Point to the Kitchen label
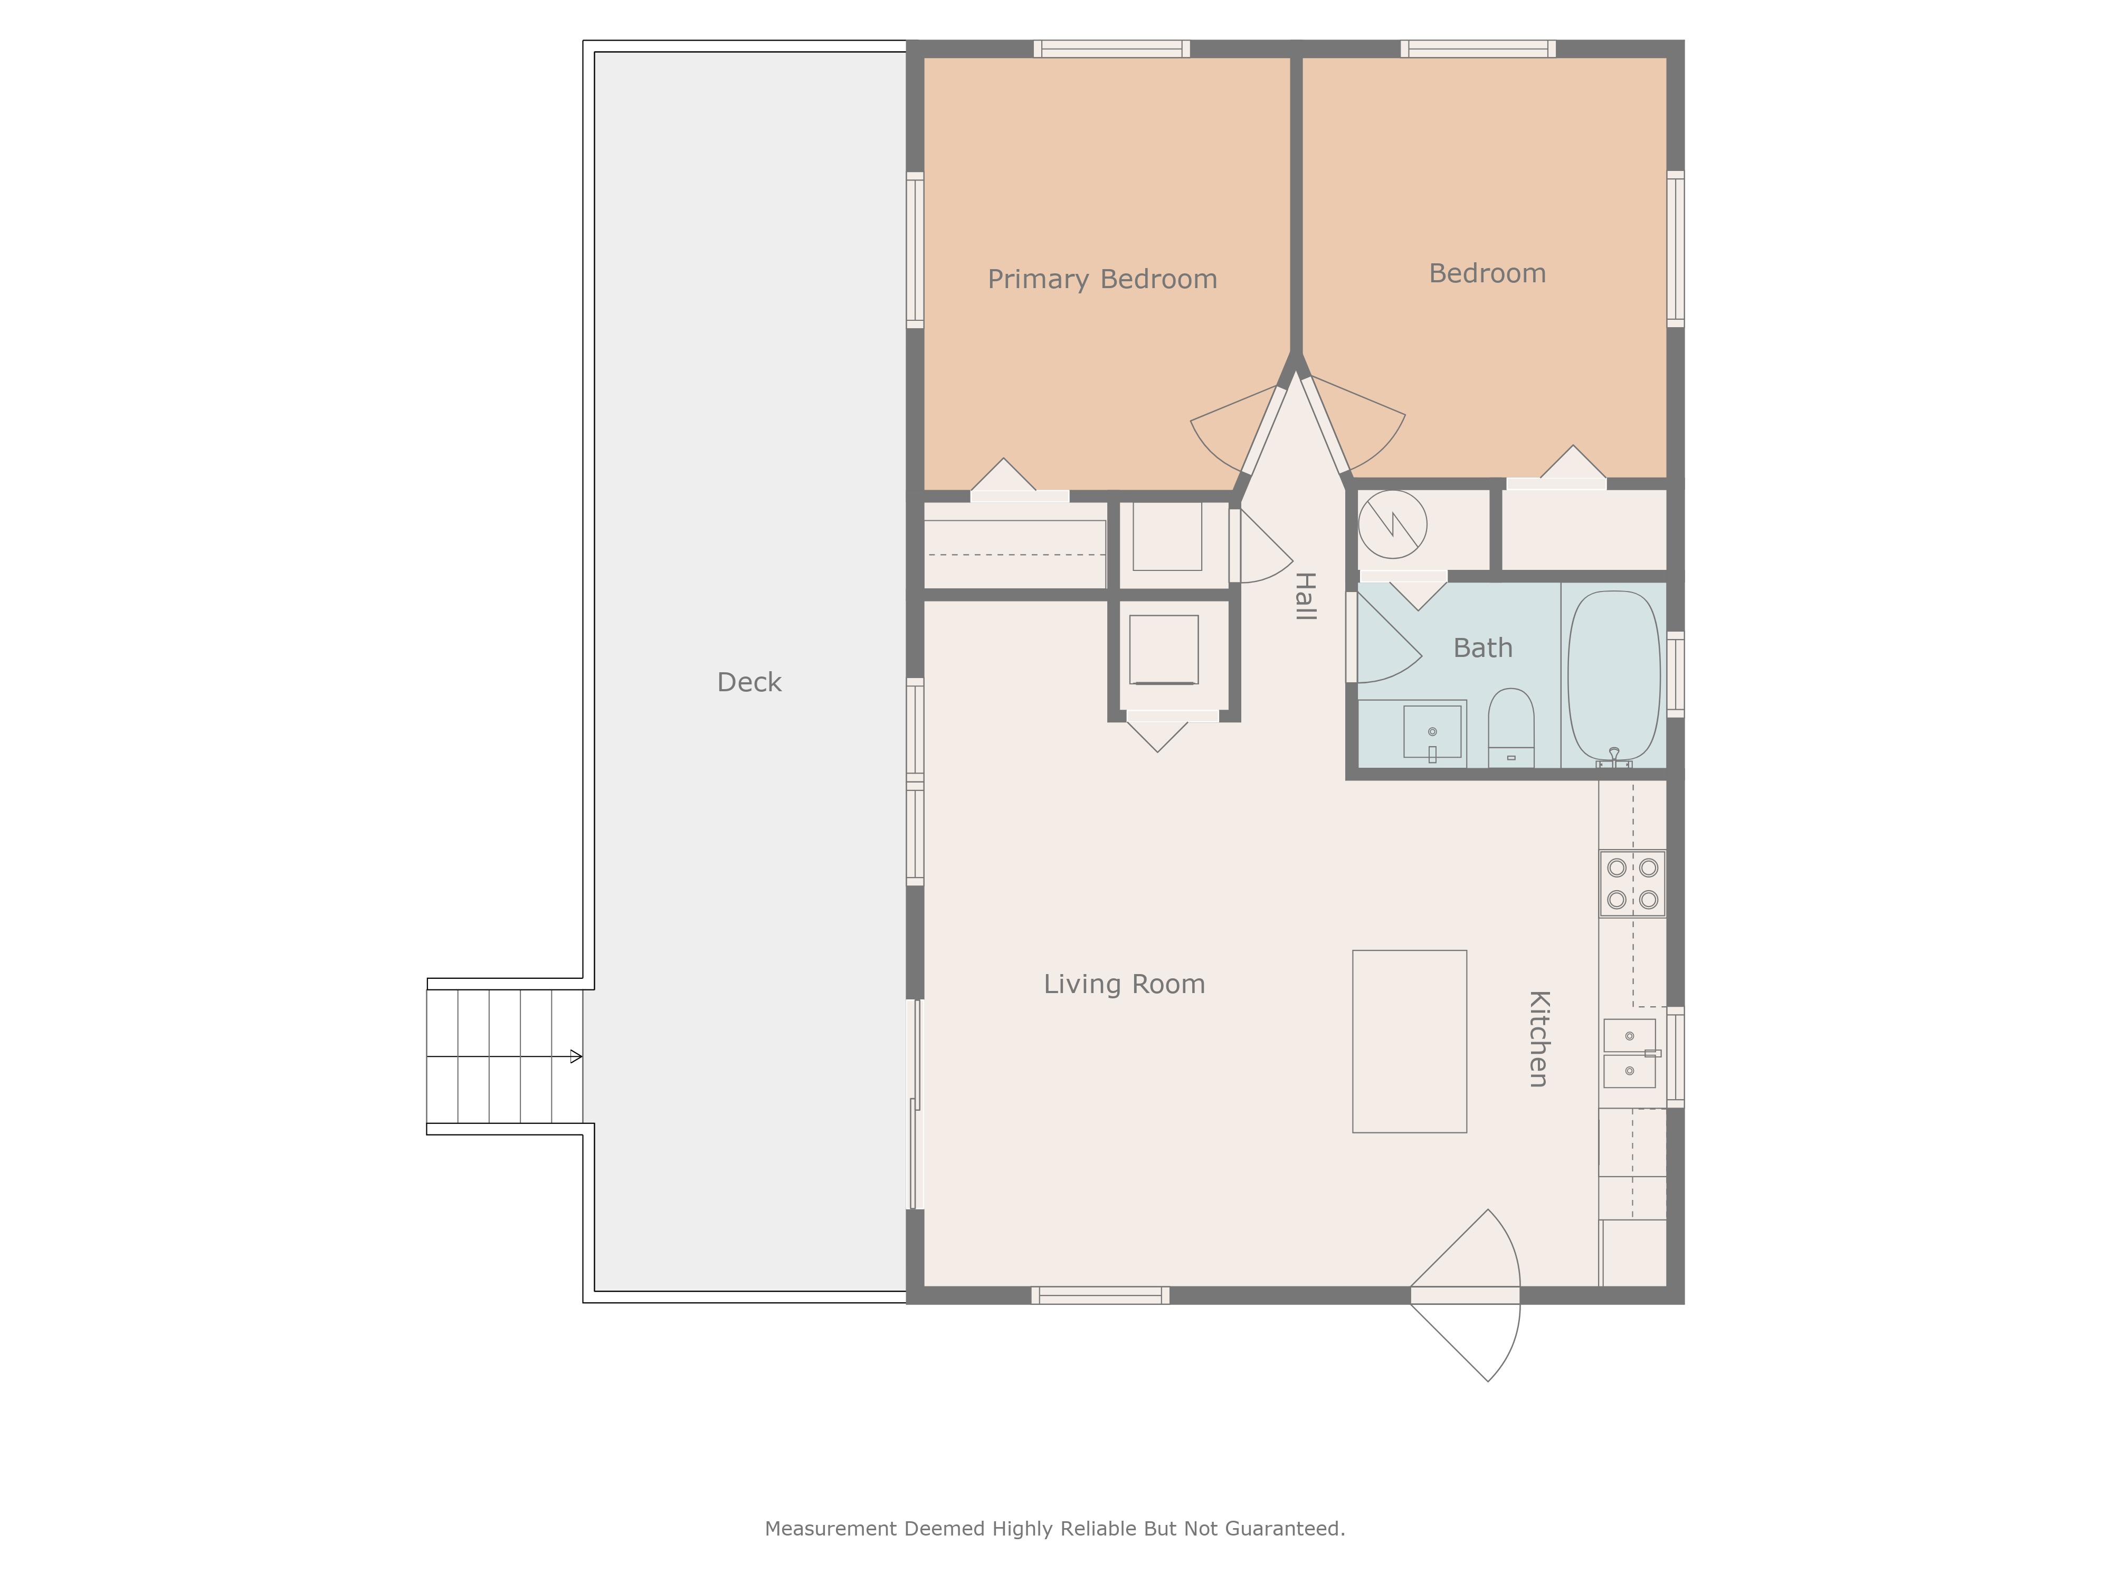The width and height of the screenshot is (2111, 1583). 1537,1038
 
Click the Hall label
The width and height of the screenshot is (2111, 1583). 1305,596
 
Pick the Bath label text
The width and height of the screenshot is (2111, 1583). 1482,648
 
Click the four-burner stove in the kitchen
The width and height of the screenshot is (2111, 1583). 1632,884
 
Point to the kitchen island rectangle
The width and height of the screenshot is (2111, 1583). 1409,1041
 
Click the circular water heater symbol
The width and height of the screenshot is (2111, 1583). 1392,524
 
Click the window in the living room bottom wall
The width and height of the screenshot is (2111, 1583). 1099,1295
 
